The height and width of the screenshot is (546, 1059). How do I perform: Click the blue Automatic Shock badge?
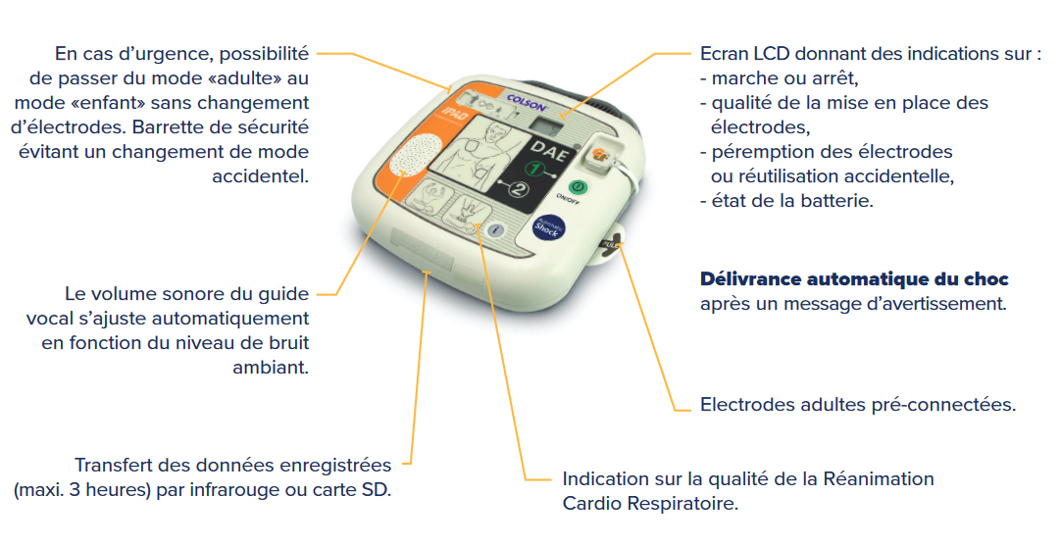546,227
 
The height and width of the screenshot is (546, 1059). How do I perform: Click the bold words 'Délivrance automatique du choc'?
854,279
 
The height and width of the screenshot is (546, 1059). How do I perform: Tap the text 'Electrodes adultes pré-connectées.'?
857,405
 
